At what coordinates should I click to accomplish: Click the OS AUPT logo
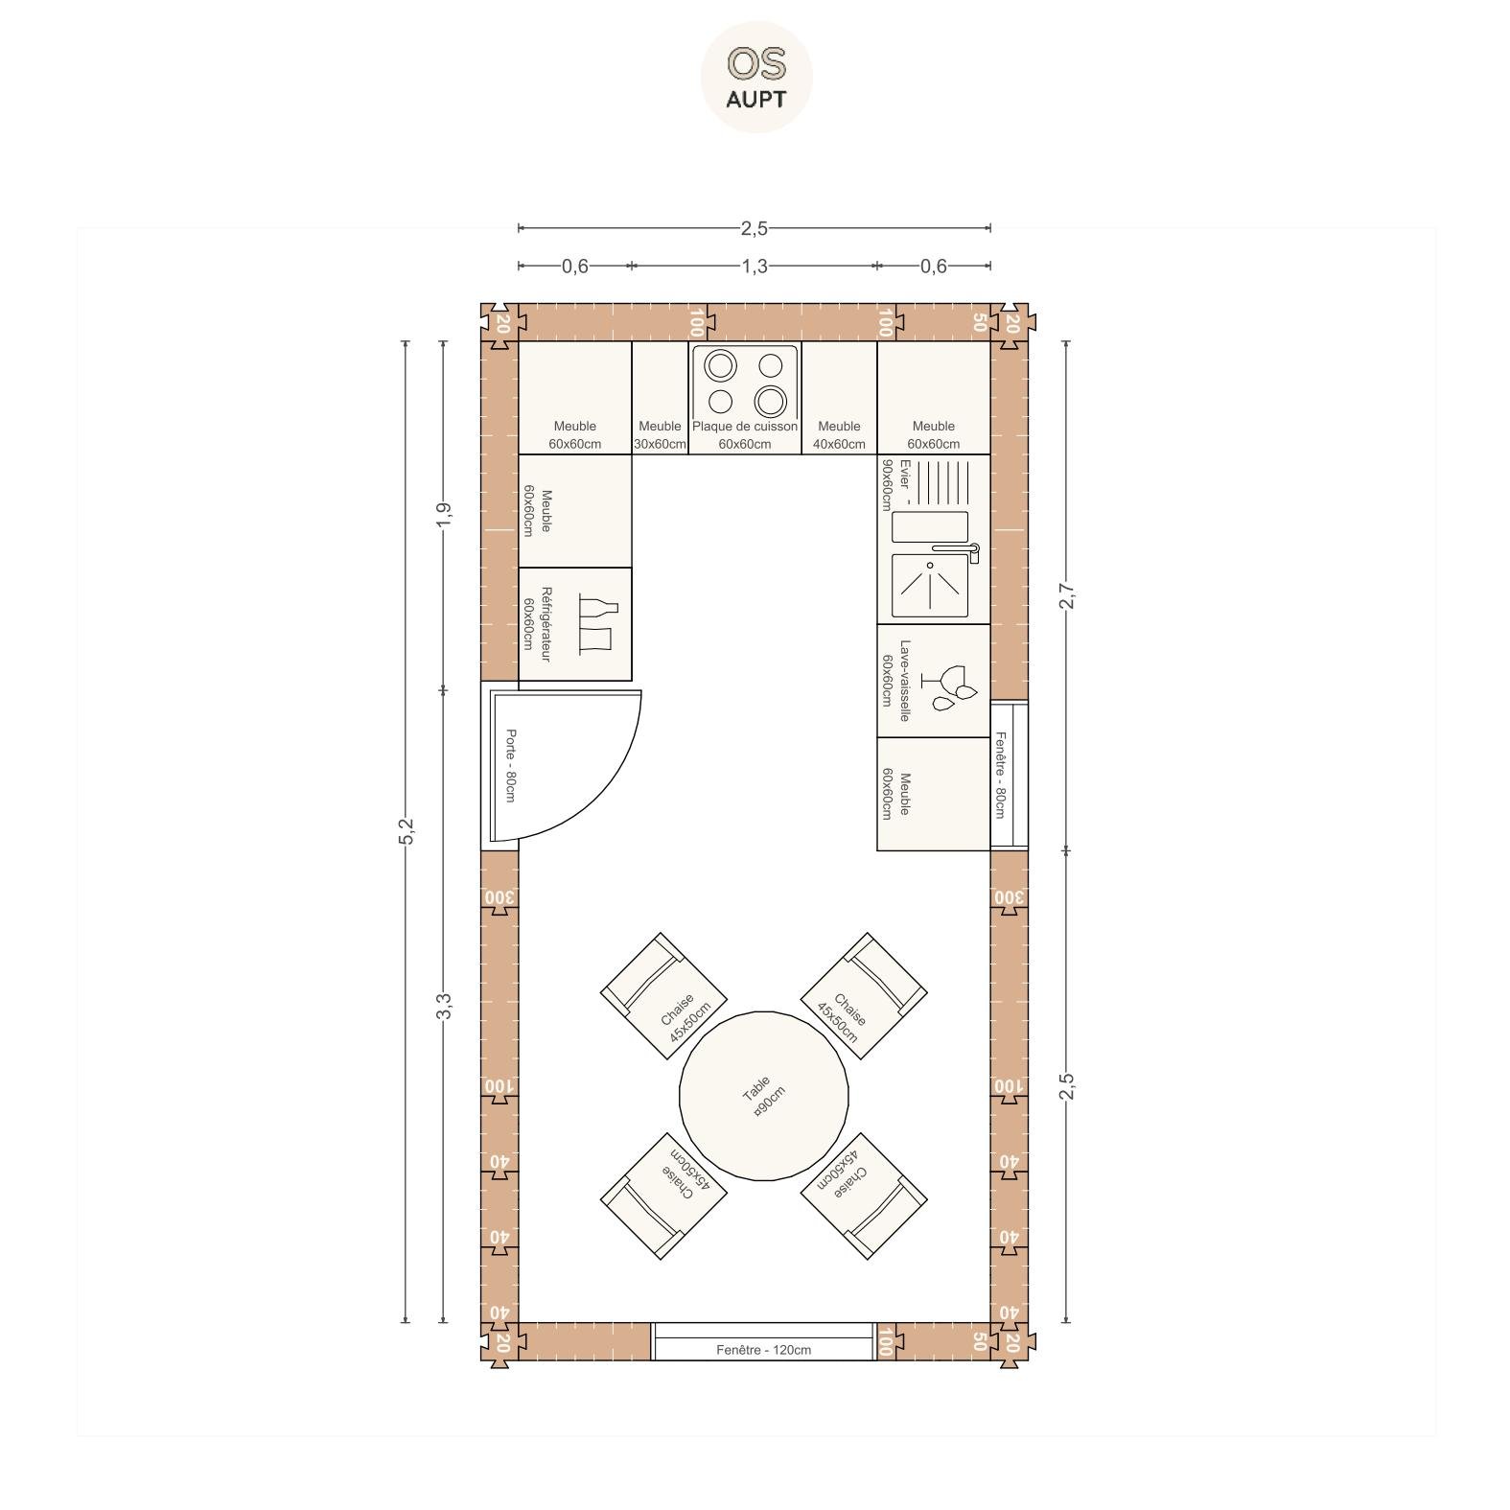pyautogui.click(x=756, y=77)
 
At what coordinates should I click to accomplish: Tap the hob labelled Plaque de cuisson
pyautogui.click(x=745, y=398)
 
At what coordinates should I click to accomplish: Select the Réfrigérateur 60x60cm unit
pyautogui.click(x=575, y=624)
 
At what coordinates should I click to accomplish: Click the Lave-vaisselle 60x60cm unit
pyautogui.click(x=934, y=681)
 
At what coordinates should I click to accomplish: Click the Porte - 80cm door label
pyautogui.click(x=511, y=766)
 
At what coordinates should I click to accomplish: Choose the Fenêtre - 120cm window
pyautogui.click(x=763, y=1341)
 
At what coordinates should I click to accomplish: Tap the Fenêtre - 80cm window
pyautogui.click(x=1009, y=775)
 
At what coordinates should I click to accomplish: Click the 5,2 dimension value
pyautogui.click(x=406, y=831)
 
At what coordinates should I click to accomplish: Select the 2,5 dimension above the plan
pyautogui.click(x=755, y=228)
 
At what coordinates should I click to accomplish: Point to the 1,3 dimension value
pyautogui.click(x=755, y=266)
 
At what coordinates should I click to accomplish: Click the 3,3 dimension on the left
pyautogui.click(x=443, y=1006)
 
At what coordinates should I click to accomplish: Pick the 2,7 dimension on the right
pyautogui.click(x=1066, y=595)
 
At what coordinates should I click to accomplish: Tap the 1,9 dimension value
pyautogui.click(x=443, y=515)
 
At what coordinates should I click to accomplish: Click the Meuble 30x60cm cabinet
pyautogui.click(x=661, y=398)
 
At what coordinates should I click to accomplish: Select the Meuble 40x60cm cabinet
pyautogui.click(x=840, y=398)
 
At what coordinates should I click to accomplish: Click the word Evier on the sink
pyautogui.click(x=904, y=474)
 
